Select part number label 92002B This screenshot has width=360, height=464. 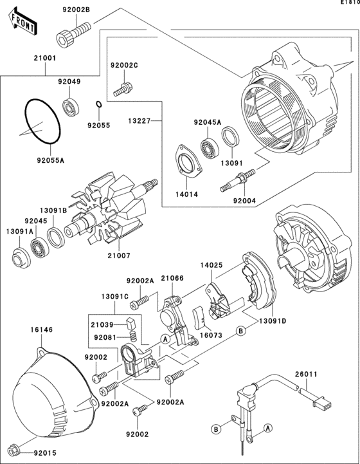point(76,8)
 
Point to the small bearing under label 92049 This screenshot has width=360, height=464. point(71,106)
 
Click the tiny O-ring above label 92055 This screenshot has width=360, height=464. point(98,106)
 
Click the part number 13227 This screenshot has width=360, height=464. point(139,120)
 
